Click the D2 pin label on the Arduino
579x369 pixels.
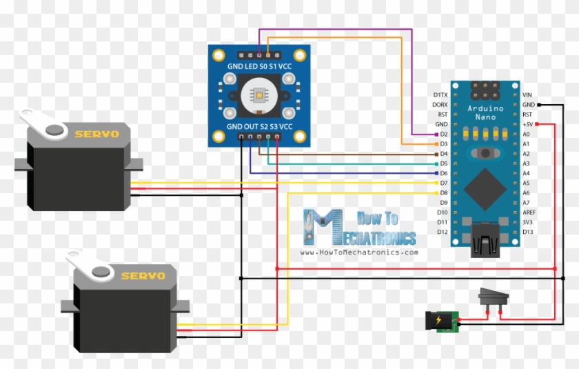coord(443,134)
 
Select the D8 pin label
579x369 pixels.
coord(443,193)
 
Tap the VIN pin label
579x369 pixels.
coord(527,94)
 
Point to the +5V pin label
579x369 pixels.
coord(528,124)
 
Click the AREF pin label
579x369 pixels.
coord(529,213)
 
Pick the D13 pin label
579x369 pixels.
coord(528,232)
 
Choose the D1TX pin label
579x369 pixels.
coord(440,94)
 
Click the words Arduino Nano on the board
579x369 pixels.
coord(486,112)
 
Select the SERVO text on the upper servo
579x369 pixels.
coord(96,134)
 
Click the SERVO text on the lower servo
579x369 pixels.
coord(143,276)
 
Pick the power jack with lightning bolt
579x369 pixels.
coord(440,321)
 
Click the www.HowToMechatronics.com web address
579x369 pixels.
coord(359,252)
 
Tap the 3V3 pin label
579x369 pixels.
coord(527,223)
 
